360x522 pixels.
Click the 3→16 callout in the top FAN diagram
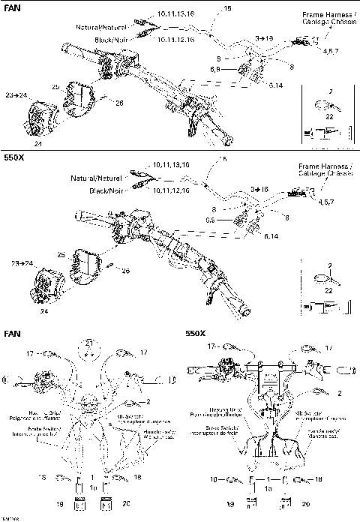pos(263,37)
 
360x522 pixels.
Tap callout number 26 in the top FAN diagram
pos(118,102)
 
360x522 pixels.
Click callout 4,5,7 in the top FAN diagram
pos(328,52)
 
